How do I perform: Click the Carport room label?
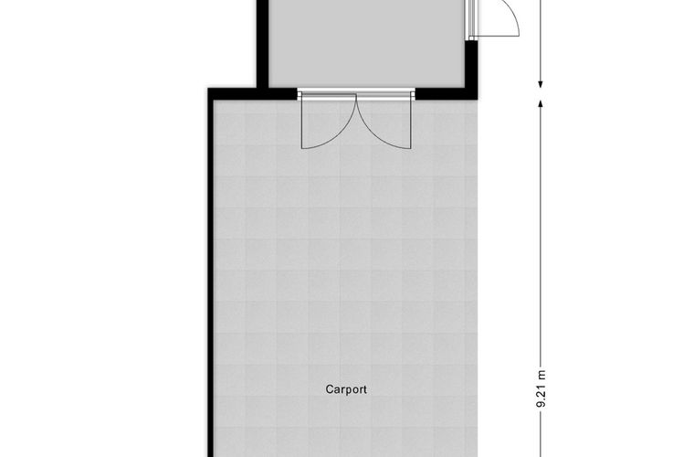[x=346, y=389]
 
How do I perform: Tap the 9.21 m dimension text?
[x=541, y=388]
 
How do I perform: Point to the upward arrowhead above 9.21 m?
[x=541, y=103]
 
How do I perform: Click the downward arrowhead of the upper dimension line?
[x=541, y=84]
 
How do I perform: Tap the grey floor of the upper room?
[x=367, y=43]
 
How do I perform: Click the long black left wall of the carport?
[x=211, y=274]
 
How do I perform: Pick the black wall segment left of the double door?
[x=252, y=94]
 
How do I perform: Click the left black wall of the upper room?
[x=263, y=44]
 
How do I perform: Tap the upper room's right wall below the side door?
[x=472, y=67]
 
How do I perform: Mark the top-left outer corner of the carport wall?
[x=208, y=89]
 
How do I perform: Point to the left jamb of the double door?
[x=300, y=93]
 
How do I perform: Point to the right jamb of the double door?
[x=413, y=93]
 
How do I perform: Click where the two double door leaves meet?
[x=356, y=94]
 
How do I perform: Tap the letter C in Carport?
[x=329, y=389]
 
